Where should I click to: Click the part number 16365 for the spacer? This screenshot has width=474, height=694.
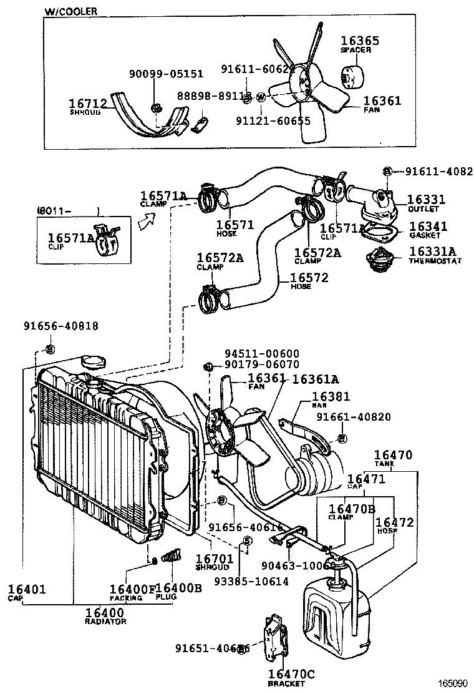[360, 41]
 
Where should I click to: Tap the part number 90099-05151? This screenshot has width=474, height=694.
[166, 74]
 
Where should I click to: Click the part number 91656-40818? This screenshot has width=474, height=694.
[61, 326]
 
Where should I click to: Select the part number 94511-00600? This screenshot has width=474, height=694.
[262, 353]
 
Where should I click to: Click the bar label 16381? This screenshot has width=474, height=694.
[331, 396]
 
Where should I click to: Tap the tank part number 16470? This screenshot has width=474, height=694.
[393, 456]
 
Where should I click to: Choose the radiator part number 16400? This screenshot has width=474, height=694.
[105, 613]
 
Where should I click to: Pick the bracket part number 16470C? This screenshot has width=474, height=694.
[291, 674]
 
